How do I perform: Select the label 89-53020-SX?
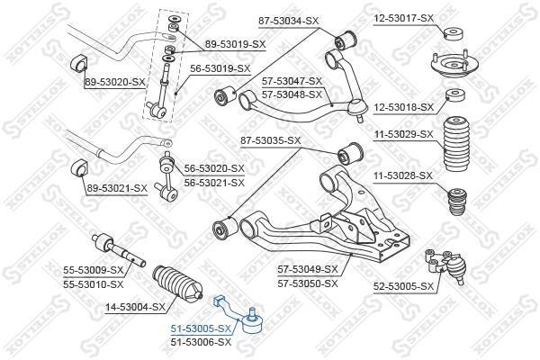[114, 82]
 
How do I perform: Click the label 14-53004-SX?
[135, 307]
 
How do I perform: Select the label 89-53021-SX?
[115, 187]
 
